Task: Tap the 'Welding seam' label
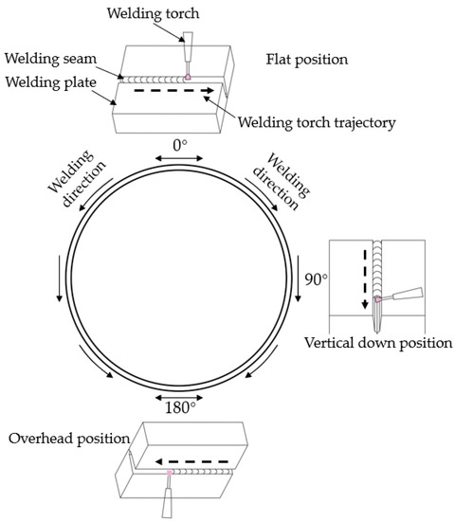48,59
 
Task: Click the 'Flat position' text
306,59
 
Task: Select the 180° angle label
179,407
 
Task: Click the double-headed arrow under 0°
179,160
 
